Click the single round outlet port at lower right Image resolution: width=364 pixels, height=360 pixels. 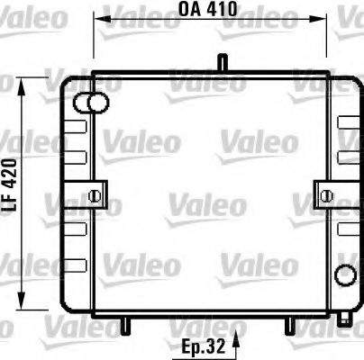341,274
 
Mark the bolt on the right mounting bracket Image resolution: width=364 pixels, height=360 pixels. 325,194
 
